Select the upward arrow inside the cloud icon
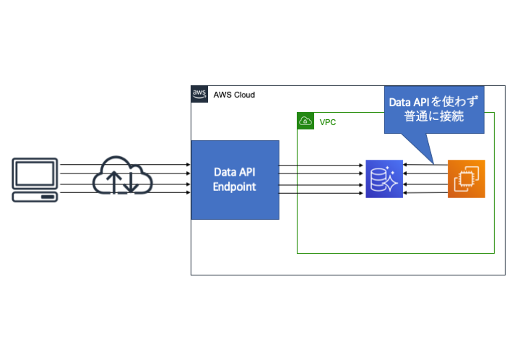click(114, 182)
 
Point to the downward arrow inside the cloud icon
click(131, 182)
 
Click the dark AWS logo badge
click(199, 95)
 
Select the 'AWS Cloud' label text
click(234, 95)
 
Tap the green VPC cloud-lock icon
click(306, 121)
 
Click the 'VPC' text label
click(328, 122)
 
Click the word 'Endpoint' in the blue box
click(235, 187)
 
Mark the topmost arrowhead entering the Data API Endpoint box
click(188, 166)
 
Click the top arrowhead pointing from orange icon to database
click(406, 166)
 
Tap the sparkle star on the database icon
click(391, 185)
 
